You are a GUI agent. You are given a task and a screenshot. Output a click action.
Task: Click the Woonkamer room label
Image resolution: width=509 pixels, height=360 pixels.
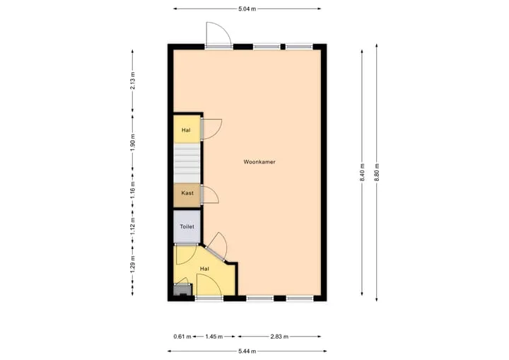pos(259,162)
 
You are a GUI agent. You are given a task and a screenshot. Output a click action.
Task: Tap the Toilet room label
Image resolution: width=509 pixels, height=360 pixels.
pos(187,226)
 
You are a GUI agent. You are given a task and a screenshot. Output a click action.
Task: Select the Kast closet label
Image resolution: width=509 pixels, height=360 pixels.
pos(187,193)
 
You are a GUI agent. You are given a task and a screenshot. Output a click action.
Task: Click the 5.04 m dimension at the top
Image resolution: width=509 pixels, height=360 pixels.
pos(247,8)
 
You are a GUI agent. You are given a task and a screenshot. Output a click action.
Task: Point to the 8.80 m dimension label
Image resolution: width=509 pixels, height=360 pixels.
pos(377,172)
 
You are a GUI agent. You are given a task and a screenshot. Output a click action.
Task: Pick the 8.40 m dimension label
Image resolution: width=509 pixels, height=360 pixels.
pos(362,172)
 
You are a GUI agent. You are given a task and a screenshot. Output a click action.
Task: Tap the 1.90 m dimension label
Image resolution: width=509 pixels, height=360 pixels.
pos(132,142)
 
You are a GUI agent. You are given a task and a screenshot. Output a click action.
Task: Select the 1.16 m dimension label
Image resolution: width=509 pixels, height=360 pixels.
pos(132,190)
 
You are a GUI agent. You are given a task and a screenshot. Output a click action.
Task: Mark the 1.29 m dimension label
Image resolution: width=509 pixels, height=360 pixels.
pos(132,264)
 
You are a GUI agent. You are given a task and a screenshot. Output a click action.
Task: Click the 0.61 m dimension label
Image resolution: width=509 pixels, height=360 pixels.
pos(182,337)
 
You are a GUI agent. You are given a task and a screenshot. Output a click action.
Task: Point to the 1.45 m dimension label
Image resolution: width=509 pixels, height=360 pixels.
pos(214,337)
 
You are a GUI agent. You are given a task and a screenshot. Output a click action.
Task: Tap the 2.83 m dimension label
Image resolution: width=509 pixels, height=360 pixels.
pos(279,337)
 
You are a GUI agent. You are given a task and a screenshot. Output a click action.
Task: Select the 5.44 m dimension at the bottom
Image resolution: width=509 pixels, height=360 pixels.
pos(247,351)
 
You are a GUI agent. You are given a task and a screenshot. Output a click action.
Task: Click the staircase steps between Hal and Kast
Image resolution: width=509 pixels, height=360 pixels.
pos(187,163)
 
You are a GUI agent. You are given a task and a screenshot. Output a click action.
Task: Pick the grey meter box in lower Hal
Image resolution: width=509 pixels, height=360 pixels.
pos(183,289)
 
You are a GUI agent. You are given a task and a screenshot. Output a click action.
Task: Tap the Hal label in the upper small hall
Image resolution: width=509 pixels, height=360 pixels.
pos(186,130)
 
